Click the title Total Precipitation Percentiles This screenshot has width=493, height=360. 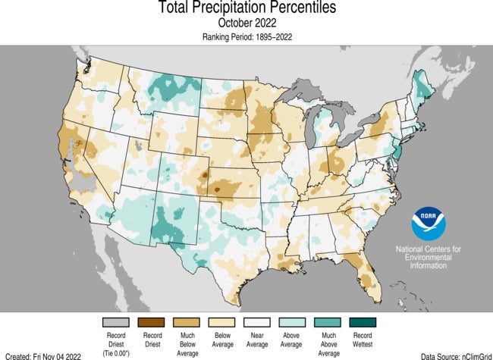click(x=246, y=8)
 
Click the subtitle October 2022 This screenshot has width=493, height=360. click(x=246, y=23)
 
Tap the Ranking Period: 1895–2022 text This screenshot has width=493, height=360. click(x=246, y=36)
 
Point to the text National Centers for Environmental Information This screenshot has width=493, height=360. click(x=429, y=257)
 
